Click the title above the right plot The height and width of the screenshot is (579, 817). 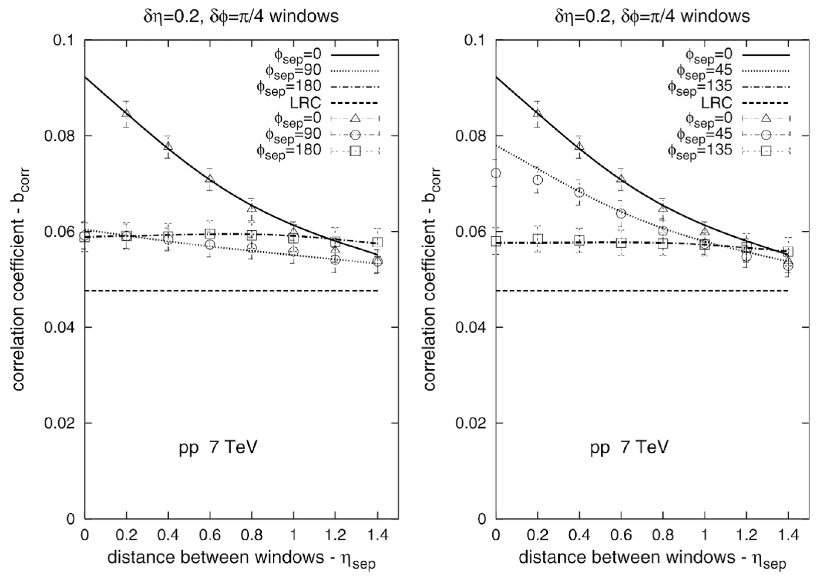(x=652, y=15)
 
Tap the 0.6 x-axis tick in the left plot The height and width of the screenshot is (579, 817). (x=210, y=535)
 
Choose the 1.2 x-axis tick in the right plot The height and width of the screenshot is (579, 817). (x=746, y=535)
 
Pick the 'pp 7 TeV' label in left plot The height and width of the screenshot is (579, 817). (x=218, y=448)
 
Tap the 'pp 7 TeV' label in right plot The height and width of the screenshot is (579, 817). (x=629, y=448)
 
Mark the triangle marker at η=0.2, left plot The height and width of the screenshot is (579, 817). (x=126, y=113)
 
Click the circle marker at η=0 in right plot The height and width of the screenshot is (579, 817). (x=496, y=173)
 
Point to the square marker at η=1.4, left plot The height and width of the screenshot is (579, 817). (x=378, y=242)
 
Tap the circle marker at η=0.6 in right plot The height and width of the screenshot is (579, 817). (x=621, y=213)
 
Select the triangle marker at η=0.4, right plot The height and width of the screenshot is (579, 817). (x=579, y=147)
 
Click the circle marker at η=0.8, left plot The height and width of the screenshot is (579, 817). (x=252, y=248)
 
